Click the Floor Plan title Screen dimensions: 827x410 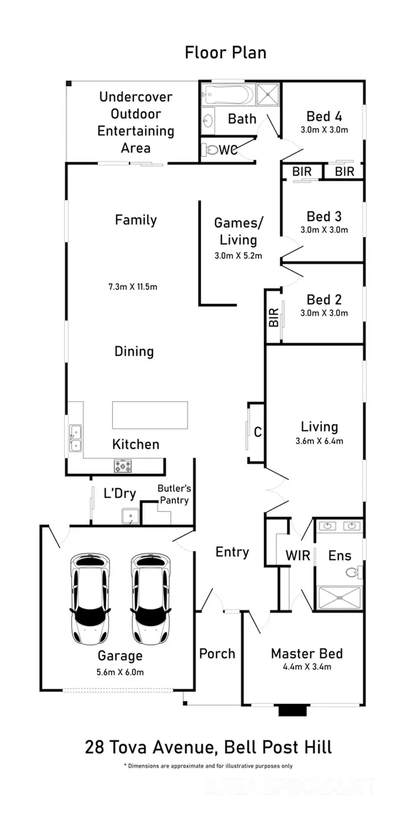click(226, 52)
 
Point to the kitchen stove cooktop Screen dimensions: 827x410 click(122, 465)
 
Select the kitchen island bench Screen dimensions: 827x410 click(150, 415)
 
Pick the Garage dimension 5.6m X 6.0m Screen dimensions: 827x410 click(120, 672)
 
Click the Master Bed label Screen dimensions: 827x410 click(307, 653)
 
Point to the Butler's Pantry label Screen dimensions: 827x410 click(173, 494)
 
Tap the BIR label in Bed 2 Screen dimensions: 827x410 click(274, 317)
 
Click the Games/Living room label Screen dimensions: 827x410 click(238, 231)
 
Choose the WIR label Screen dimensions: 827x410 click(298, 556)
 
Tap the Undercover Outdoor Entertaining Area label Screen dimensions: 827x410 click(136, 122)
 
